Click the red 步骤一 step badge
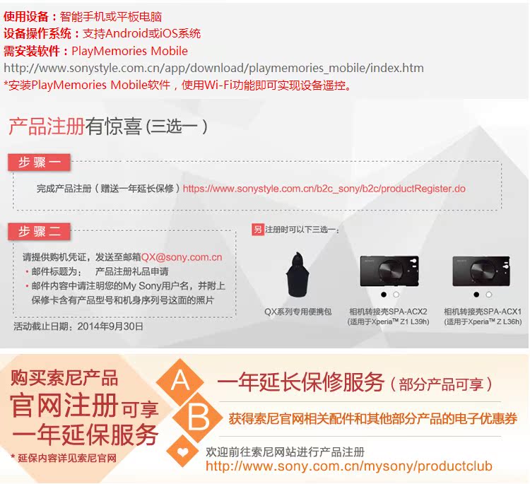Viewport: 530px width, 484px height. click(39, 163)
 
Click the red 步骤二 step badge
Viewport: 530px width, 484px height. click(39, 232)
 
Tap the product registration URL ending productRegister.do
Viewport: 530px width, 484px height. click(324, 189)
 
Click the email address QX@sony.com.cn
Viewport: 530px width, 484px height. click(182, 257)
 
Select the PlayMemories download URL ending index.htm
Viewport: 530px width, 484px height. click(213, 69)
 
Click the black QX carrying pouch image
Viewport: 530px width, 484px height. click(298, 274)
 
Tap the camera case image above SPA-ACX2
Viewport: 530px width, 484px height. click(389, 271)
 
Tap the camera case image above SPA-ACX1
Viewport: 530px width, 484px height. click(481, 271)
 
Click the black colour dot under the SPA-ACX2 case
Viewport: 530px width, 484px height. click(384, 295)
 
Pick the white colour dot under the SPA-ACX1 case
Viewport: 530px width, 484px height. click(489, 295)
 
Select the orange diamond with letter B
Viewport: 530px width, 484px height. click(198, 418)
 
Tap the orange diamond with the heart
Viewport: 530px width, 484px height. click(183, 451)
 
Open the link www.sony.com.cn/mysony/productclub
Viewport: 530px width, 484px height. click(349, 466)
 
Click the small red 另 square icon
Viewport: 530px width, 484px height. click(258, 230)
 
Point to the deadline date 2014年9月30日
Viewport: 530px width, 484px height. click(110, 326)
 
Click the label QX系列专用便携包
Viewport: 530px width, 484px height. click(298, 312)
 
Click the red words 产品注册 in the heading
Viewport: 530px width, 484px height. click(47, 126)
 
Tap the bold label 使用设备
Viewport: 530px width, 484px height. click(26, 16)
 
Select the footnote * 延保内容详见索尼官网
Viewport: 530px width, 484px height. click(64, 458)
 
